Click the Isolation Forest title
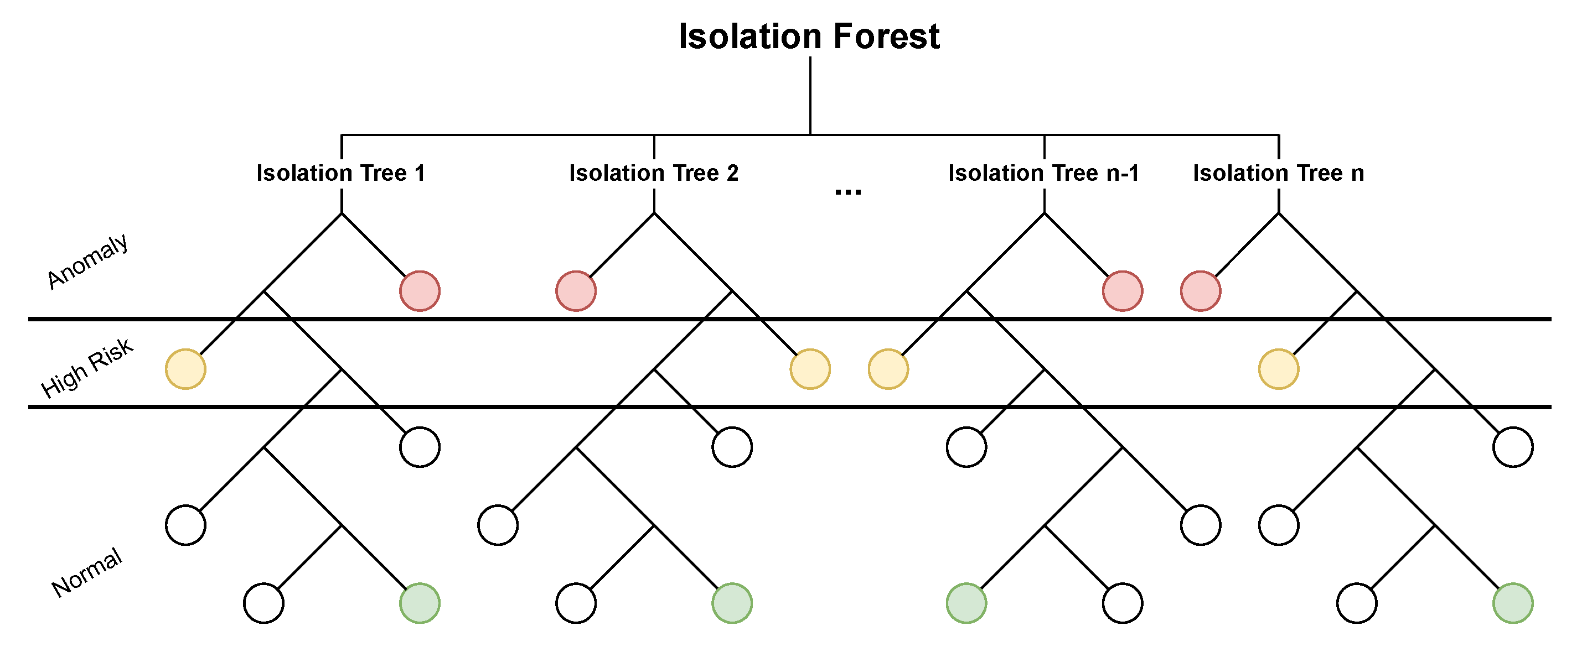(809, 36)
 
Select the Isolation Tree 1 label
(340, 173)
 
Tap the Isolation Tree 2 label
(654, 173)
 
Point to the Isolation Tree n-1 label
(1043, 173)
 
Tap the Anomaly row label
(87, 261)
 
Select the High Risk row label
(86, 368)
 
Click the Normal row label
(86, 572)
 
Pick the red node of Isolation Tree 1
(420, 290)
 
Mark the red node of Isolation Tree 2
(576, 290)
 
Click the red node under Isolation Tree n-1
(1123, 290)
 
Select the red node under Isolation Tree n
(1201, 290)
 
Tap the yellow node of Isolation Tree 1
(185, 369)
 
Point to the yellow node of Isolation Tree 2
(810, 369)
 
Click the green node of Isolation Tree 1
(420, 603)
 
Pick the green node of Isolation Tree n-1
(966, 603)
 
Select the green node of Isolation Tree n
(1513, 603)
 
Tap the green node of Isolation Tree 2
(732, 603)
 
